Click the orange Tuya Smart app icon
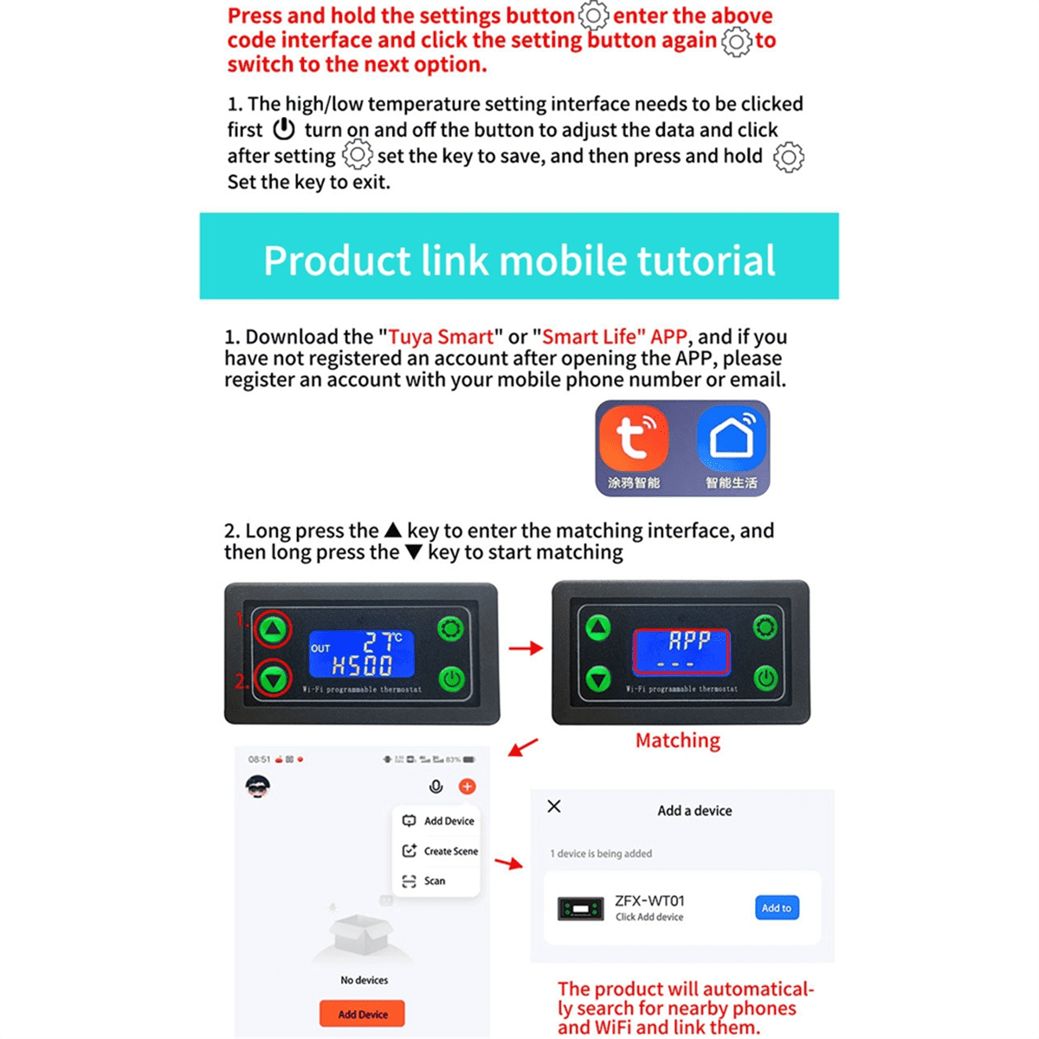pyautogui.click(x=634, y=439)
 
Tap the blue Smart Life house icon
pyautogui.click(x=732, y=439)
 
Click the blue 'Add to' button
pyautogui.click(x=777, y=907)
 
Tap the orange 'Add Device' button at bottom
pyautogui.click(x=362, y=1014)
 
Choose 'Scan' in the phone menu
pyautogui.click(x=434, y=881)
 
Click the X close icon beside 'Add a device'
pyautogui.click(x=554, y=806)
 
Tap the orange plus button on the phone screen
pyautogui.click(x=467, y=786)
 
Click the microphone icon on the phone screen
pyautogui.click(x=436, y=786)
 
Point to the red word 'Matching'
pyautogui.click(x=677, y=740)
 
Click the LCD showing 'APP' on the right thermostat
pyautogui.click(x=682, y=651)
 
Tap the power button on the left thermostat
pyautogui.click(x=451, y=679)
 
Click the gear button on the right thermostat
pyautogui.click(x=765, y=627)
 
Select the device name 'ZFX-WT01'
pyautogui.click(x=649, y=900)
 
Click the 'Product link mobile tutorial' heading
pyautogui.click(x=519, y=260)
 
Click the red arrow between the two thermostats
pyautogui.click(x=525, y=648)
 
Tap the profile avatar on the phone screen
pyautogui.click(x=258, y=786)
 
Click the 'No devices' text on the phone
pyautogui.click(x=364, y=980)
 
